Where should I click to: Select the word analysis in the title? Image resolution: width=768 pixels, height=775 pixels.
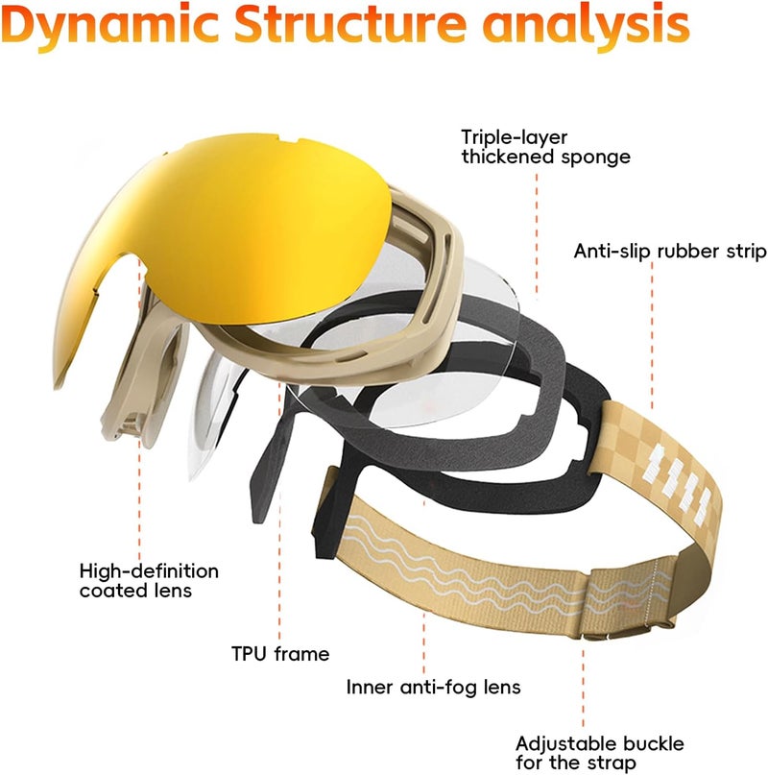[x=586, y=26]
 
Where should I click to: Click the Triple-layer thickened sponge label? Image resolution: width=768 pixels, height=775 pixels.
[x=545, y=147]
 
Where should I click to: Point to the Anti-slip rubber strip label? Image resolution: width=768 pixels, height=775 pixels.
[x=670, y=251]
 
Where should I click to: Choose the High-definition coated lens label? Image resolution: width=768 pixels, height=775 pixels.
[x=149, y=581]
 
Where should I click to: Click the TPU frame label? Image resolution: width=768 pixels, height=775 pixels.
[x=280, y=653]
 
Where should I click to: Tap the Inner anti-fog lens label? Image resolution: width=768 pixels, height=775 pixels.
[x=433, y=687]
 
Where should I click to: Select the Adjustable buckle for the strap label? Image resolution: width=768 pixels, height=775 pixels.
[x=599, y=753]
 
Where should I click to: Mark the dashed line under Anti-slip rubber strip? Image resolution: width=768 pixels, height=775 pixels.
[x=652, y=336]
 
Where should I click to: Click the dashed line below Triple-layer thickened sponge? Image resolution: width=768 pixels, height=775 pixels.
[x=537, y=234]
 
